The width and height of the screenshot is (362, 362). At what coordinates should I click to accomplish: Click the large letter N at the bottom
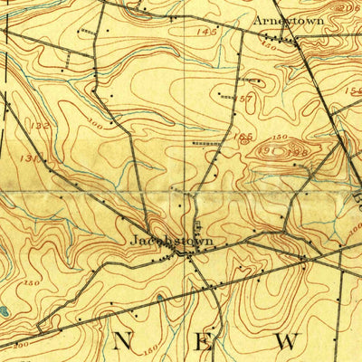(123, 340)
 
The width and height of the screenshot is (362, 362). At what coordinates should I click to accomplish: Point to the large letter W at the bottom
(287, 341)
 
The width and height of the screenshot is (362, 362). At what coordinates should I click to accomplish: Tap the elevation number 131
(31, 157)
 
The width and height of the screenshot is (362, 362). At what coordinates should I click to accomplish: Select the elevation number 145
(206, 32)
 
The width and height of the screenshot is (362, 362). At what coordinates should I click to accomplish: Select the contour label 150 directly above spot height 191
(280, 137)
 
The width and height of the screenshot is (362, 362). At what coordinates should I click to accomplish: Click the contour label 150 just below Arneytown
(270, 43)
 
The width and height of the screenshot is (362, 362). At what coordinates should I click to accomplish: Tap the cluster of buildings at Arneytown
(288, 39)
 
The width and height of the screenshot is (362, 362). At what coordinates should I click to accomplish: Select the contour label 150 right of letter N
(151, 347)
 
